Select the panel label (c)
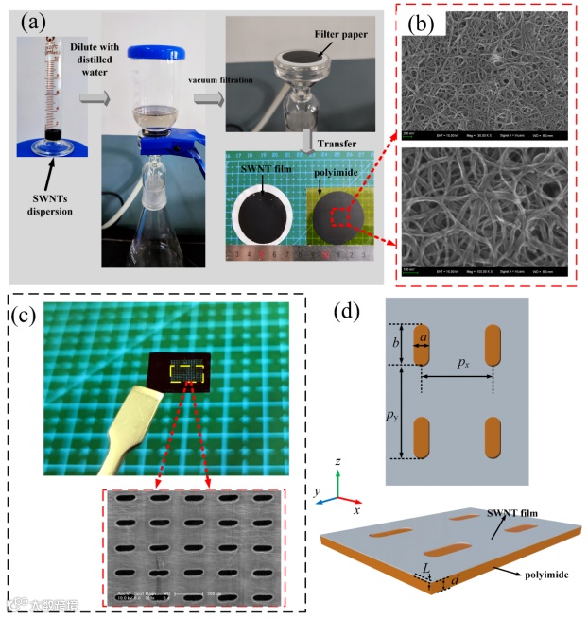tap(29, 315)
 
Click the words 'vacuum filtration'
tap(218, 82)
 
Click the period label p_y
tap(394, 416)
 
